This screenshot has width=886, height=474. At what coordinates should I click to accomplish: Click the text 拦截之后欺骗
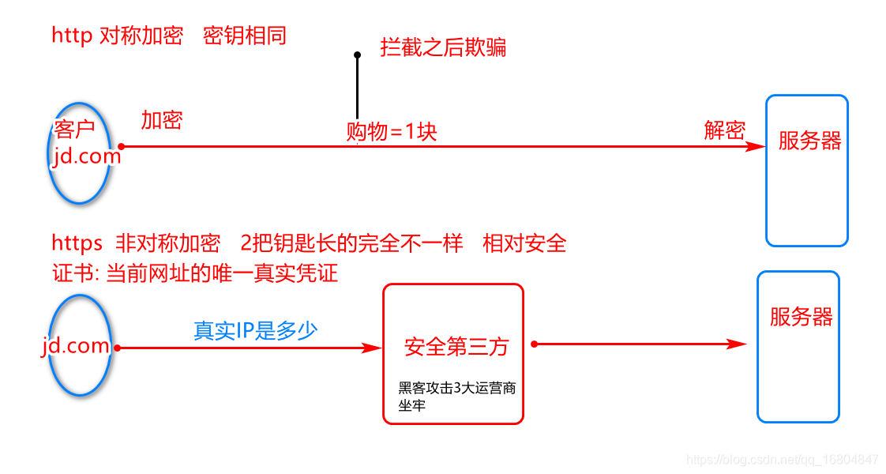click(443, 47)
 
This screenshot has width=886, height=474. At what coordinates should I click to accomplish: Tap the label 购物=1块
click(392, 131)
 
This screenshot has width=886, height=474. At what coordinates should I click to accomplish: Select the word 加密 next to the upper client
click(162, 120)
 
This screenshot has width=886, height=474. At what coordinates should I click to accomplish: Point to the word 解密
click(724, 130)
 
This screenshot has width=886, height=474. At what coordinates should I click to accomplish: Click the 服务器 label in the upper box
click(809, 141)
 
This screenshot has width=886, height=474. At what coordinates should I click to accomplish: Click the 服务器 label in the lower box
click(801, 318)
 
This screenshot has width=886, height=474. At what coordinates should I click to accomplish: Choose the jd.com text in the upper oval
click(86, 156)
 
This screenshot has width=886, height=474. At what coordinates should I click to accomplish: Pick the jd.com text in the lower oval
click(76, 346)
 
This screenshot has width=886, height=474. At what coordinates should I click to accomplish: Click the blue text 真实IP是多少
click(256, 330)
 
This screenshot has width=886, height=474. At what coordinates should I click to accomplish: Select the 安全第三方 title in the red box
click(456, 346)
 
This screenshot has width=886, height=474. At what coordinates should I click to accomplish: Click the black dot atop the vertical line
click(357, 55)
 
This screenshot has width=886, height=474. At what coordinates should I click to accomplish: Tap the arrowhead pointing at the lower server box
click(738, 344)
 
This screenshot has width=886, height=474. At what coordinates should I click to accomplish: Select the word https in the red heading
click(77, 243)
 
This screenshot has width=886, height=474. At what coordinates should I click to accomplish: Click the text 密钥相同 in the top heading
click(244, 36)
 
